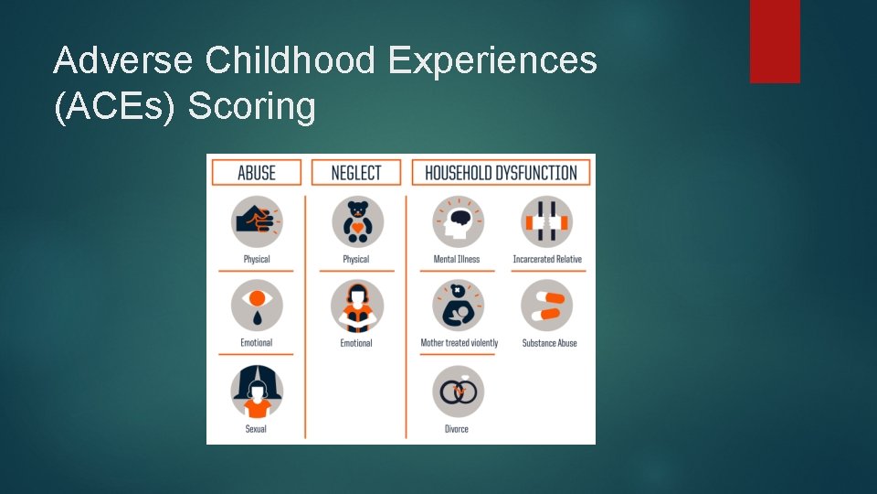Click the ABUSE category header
coord(257,172)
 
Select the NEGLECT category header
coord(356,172)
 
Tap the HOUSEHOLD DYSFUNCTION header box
coord(501,172)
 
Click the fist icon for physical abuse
coord(257,221)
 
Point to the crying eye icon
coord(257,306)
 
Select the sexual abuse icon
coord(257,392)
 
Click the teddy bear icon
coord(357,221)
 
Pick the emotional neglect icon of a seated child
coord(357,306)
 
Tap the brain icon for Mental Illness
coord(457,221)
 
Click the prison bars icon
coord(546,221)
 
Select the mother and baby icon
coord(457,306)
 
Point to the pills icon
coord(546,306)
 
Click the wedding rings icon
coord(457,392)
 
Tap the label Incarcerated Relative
coord(546,259)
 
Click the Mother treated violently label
coord(459,343)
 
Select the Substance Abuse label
coord(549,343)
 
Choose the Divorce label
coord(457,429)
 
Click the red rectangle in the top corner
coord(775,41)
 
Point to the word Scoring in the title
coord(251,107)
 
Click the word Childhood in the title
coord(291,61)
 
